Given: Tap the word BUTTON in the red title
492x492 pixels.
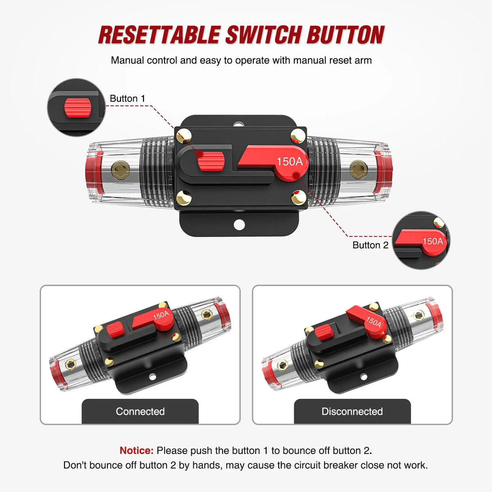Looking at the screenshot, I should coord(345,35).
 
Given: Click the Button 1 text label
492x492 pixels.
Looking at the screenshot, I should coord(127,98).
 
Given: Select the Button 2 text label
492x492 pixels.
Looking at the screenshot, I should coord(370,245).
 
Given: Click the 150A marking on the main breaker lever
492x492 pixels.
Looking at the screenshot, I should coord(289,162).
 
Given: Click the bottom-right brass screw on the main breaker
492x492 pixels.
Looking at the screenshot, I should coord(299,198).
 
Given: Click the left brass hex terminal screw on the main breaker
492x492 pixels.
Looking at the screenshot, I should coord(120,169).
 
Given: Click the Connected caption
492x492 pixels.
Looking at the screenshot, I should coord(140,411).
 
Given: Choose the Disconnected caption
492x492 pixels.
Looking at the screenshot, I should coord(352,411).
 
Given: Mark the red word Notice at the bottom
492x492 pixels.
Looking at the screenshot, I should coord(136,451).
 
